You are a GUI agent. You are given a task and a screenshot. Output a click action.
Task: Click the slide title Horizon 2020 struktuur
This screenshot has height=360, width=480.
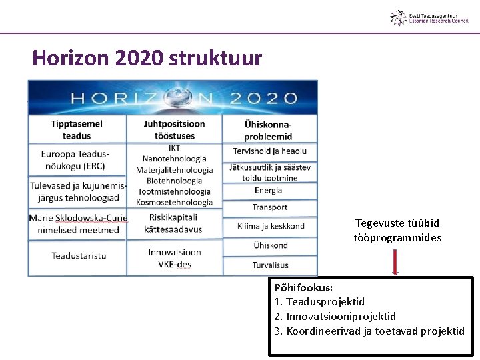pyautogui.click(x=147, y=58)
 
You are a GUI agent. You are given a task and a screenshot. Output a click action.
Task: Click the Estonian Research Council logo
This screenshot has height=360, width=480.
pyautogui.click(x=429, y=17)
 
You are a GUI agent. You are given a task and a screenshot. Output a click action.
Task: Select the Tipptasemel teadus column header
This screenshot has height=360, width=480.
pyautogui.click(x=77, y=130)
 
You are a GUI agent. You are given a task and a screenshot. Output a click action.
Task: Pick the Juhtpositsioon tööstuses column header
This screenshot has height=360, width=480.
pyautogui.click(x=174, y=130)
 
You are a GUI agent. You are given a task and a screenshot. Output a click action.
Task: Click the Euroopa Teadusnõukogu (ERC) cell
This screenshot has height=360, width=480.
pyautogui.click(x=77, y=160)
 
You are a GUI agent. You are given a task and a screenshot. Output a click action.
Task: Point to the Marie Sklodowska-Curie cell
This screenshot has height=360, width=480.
pyautogui.click(x=77, y=224)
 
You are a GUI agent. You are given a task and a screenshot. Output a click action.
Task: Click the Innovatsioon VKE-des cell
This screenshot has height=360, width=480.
pyautogui.click(x=174, y=258)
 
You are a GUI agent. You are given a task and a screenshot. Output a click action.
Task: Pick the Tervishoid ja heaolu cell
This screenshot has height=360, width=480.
pyautogui.click(x=270, y=151)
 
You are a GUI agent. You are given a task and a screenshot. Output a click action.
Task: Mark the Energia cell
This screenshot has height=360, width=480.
pyautogui.click(x=268, y=191)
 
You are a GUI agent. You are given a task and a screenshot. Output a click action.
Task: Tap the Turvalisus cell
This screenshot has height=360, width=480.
pyautogui.click(x=270, y=265)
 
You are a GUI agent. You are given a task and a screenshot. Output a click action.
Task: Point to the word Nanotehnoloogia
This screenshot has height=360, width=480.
pyautogui.click(x=175, y=159)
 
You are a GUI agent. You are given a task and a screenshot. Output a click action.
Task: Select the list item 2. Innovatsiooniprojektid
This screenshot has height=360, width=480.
pyautogui.click(x=335, y=316)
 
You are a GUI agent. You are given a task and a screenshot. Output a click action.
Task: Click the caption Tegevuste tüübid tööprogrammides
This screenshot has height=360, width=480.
pyautogui.click(x=397, y=230)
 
